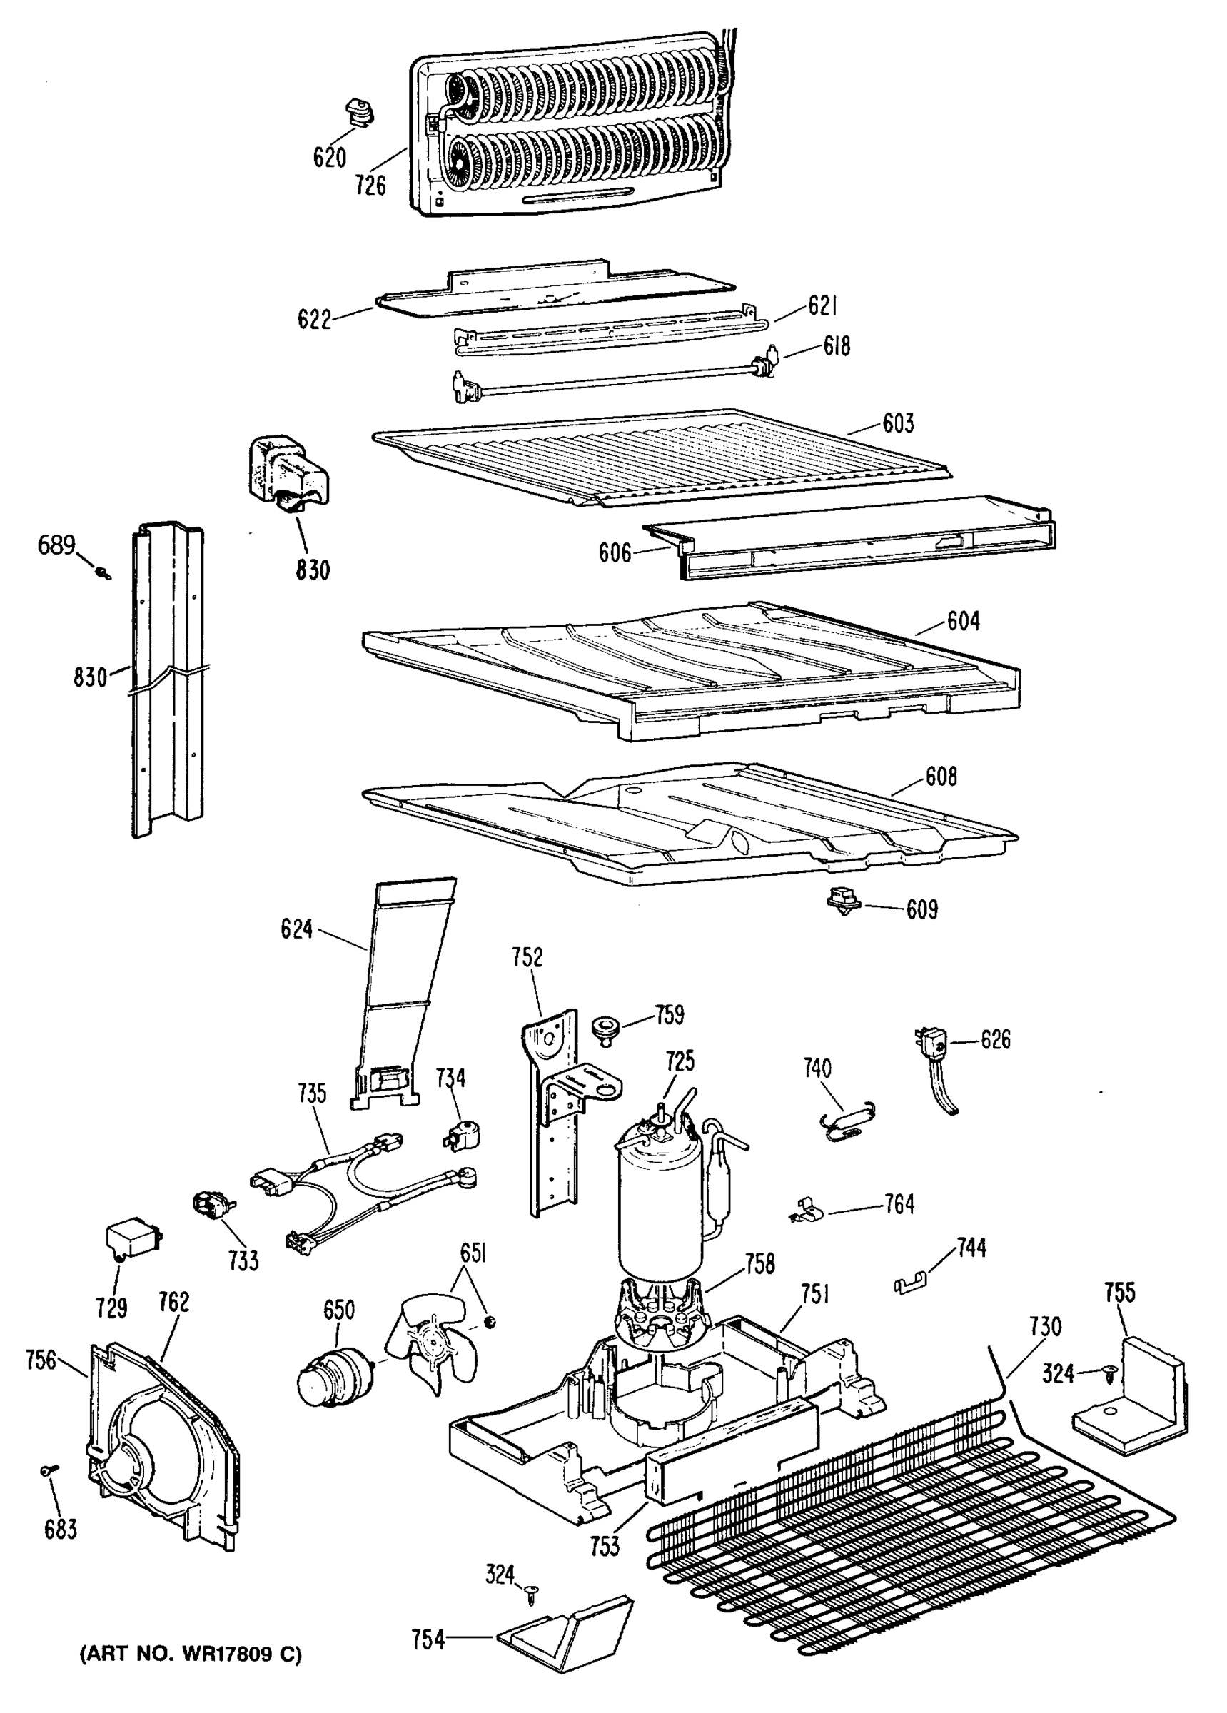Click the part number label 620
pos(330,158)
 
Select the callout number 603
pos(897,423)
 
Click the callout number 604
pos(964,620)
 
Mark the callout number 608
pos(941,776)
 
